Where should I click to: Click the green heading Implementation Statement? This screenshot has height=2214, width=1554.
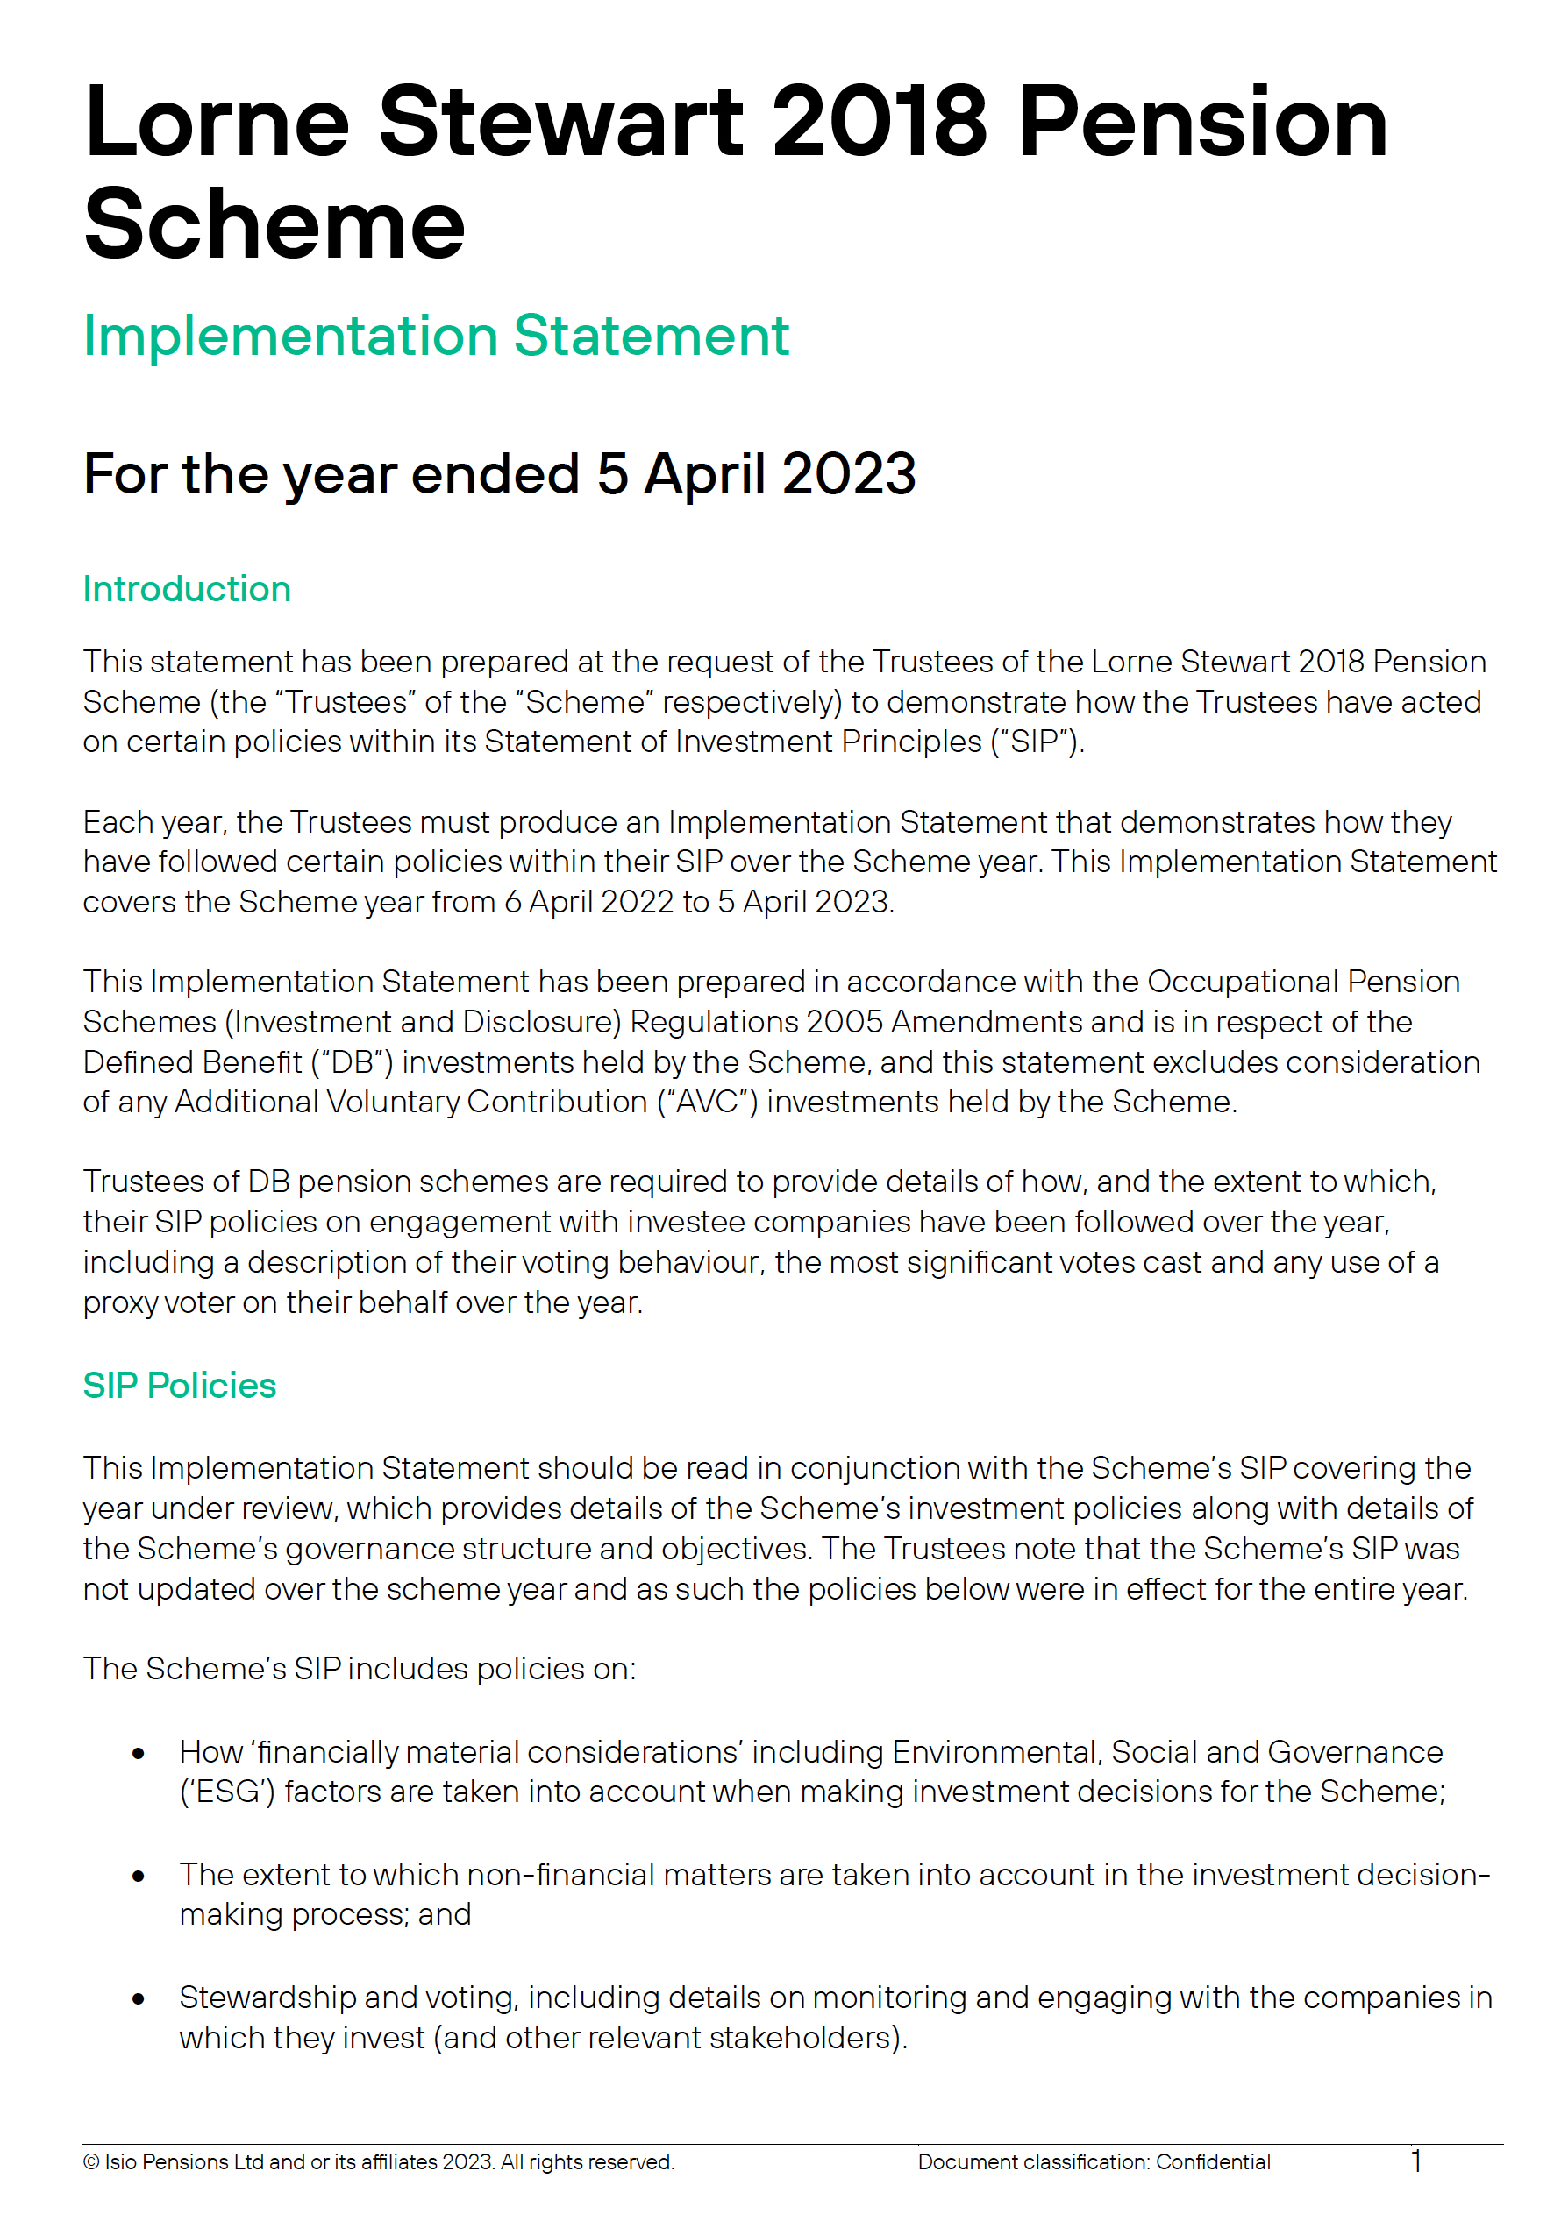click(436, 337)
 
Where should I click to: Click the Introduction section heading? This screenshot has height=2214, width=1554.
click(186, 589)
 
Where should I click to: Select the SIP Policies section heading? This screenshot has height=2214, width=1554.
click(180, 1386)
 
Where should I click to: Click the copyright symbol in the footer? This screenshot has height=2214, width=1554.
click(90, 2162)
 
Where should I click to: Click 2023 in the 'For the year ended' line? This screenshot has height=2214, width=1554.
click(848, 474)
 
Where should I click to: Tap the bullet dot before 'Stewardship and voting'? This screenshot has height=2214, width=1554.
click(139, 1999)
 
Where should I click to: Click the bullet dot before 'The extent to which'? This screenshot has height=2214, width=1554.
click(139, 1877)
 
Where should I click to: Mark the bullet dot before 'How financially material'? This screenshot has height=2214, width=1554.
click(139, 1753)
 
